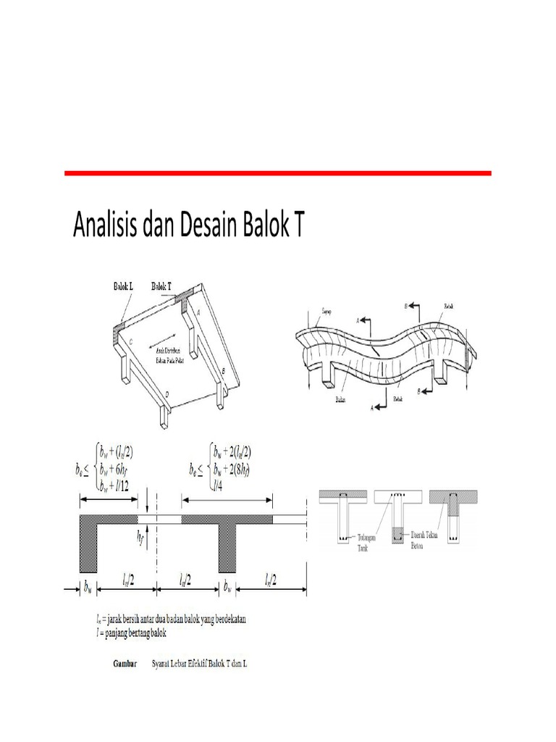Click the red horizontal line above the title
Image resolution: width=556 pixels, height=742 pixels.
pyautogui.click(x=278, y=173)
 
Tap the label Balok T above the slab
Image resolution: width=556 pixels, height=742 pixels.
pyautogui.click(x=162, y=286)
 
